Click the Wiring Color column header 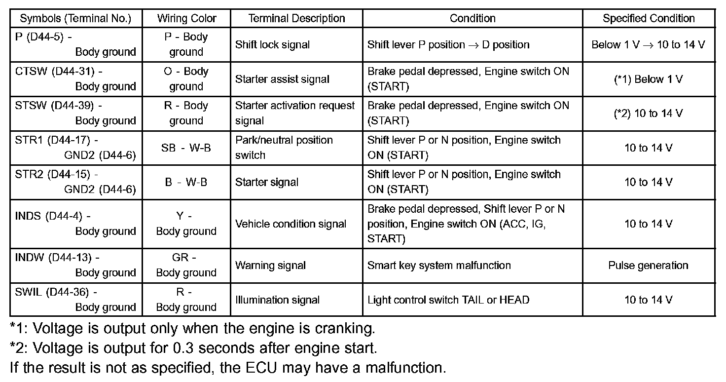click(x=186, y=18)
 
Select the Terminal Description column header click(x=296, y=18)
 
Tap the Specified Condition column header click(x=649, y=18)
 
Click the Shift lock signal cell click(x=272, y=44)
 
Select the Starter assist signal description click(x=282, y=79)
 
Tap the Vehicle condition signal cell click(x=290, y=224)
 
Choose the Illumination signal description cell click(x=277, y=300)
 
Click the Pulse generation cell click(x=648, y=266)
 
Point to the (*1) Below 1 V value click(x=648, y=79)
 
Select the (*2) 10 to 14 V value click(x=648, y=114)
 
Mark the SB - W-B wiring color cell click(x=186, y=148)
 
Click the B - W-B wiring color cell click(x=186, y=182)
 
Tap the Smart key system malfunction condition click(x=439, y=266)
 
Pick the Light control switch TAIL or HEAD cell click(x=448, y=300)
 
